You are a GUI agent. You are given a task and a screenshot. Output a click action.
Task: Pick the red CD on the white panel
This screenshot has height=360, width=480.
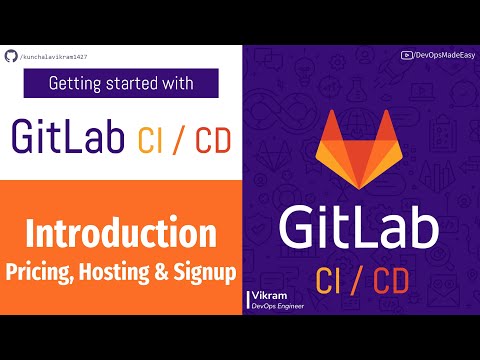click(208, 137)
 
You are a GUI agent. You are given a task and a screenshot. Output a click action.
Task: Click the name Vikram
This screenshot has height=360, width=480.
click(266, 295)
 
